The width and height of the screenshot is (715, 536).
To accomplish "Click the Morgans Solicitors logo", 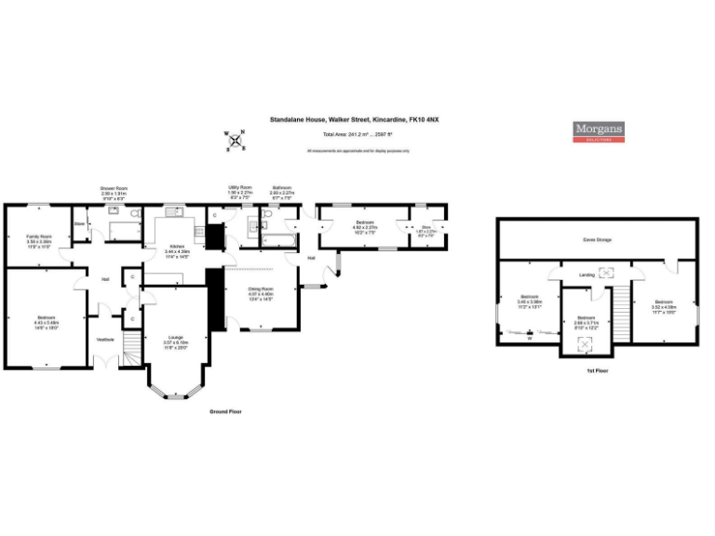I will tap(598, 131).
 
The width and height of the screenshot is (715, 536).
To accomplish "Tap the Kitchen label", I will tap(176, 247).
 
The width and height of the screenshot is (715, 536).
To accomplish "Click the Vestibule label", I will tap(106, 340).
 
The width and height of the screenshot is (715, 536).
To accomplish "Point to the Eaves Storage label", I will tap(597, 240).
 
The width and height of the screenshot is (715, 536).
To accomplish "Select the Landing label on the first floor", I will tap(587, 275).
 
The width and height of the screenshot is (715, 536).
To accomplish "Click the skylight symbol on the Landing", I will tap(610, 273).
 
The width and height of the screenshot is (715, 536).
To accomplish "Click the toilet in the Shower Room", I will tap(136, 216).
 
